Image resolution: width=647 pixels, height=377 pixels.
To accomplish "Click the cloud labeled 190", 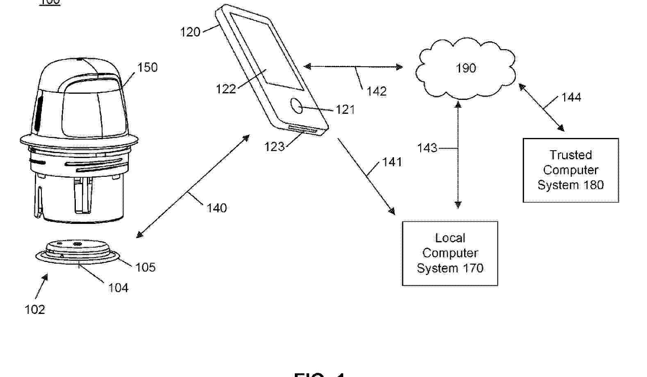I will click(x=466, y=68).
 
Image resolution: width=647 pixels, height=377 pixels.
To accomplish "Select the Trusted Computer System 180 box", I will click(x=570, y=170).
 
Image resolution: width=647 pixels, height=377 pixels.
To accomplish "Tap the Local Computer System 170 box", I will click(x=450, y=253).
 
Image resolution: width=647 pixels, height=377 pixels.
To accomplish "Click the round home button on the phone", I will click(x=297, y=106).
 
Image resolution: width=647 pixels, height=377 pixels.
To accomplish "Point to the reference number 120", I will click(x=190, y=32).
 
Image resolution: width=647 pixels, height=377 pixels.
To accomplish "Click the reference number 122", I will click(x=226, y=89).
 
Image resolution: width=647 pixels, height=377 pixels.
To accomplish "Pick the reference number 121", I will click(x=345, y=110).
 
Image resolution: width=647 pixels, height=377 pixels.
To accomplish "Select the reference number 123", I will click(x=274, y=147).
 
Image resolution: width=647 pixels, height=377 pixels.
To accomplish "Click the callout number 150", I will click(x=147, y=68).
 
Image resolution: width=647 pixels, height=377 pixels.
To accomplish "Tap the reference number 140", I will click(x=216, y=208).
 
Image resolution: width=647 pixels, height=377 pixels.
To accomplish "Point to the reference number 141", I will click(x=392, y=162).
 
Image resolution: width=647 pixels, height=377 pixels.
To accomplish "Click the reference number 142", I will click(x=376, y=91).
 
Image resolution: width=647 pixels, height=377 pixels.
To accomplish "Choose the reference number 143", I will click(x=427, y=148).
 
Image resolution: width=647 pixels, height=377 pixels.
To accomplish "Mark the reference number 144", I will click(x=571, y=97).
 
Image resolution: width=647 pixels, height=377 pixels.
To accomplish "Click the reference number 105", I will click(x=146, y=267).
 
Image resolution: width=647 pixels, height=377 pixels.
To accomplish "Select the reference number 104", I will click(x=118, y=288).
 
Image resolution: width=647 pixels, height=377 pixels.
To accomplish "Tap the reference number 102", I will click(x=35, y=309).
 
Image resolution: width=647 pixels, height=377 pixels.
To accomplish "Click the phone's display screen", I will click(x=267, y=51).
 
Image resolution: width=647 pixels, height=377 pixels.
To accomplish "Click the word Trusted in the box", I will click(x=571, y=155).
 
